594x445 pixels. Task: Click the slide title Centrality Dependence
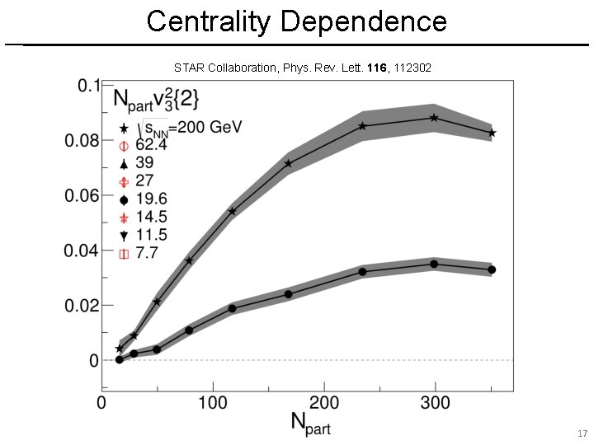click(x=297, y=21)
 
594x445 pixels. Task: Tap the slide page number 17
click(x=582, y=433)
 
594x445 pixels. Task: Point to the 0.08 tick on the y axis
click(x=82, y=141)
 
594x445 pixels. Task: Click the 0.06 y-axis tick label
click(x=82, y=195)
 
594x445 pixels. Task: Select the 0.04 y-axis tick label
click(x=82, y=251)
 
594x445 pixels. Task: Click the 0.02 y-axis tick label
click(x=82, y=306)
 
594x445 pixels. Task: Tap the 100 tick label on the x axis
click(x=213, y=403)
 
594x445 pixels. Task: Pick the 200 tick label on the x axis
click(x=324, y=403)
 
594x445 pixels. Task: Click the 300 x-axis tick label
click(x=436, y=403)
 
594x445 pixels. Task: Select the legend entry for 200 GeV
click(x=165, y=128)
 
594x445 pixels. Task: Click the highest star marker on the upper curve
click(x=434, y=118)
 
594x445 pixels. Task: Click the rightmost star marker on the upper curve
click(x=492, y=133)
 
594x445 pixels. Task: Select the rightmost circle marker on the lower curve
click(x=492, y=269)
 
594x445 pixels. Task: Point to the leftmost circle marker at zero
click(x=119, y=359)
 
